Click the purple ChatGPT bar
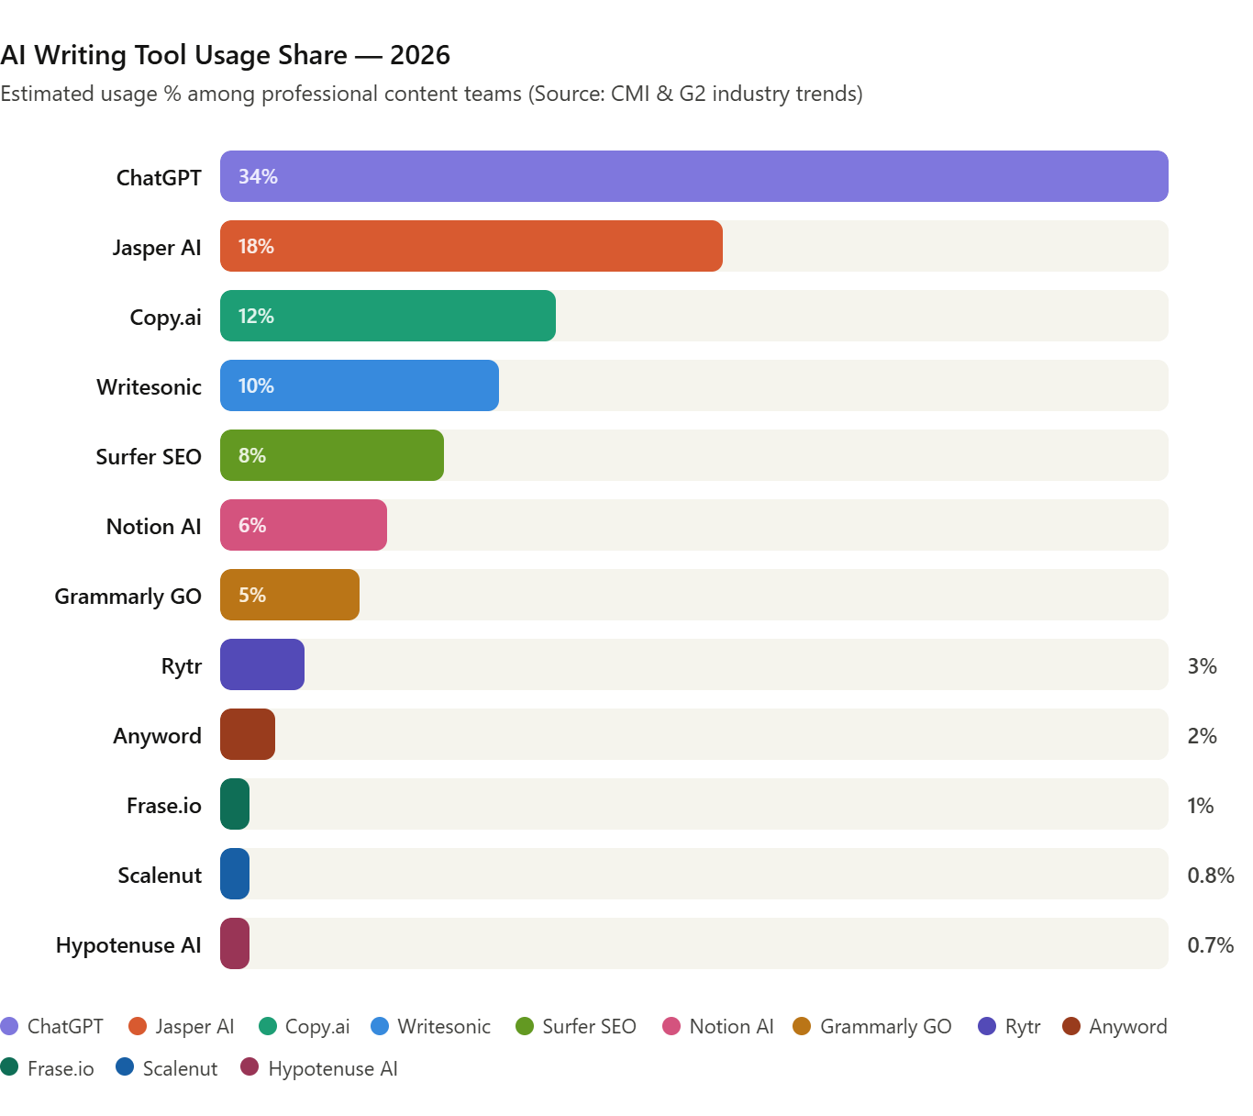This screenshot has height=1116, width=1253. (x=693, y=176)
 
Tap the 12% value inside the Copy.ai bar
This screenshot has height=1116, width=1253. (x=256, y=316)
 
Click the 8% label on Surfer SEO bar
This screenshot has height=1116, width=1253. (x=252, y=455)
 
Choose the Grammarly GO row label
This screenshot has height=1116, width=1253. (x=128, y=597)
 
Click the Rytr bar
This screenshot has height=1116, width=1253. (x=262, y=664)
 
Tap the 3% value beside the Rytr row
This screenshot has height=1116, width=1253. (x=1202, y=666)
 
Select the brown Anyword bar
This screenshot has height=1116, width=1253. (x=248, y=734)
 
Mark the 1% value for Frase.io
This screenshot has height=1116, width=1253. (x=1200, y=806)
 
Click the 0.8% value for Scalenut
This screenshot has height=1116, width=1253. (x=1210, y=876)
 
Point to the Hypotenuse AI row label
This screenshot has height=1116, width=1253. (x=128, y=945)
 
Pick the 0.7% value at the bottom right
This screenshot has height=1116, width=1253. (x=1210, y=945)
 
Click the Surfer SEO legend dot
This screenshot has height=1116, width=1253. (x=525, y=1026)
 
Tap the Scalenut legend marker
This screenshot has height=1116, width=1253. (x=125, y=1067)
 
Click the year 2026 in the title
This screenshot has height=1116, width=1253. (x=420, y=55)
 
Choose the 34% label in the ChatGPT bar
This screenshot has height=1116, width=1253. (x=258, y=176)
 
